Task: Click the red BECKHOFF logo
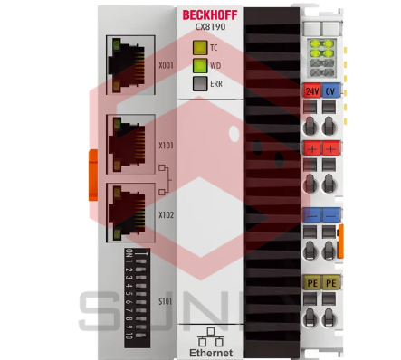click(211, 14)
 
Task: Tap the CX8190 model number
click(210, 27)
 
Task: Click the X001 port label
click(165, 66)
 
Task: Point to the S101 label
click(165, 299)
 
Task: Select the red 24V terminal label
click(311, 91)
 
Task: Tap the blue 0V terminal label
click(330, 91)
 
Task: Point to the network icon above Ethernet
click(210, 332)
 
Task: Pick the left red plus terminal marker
click(311, 148)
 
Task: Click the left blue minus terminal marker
click(311, 215)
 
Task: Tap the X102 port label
click(165, 215)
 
